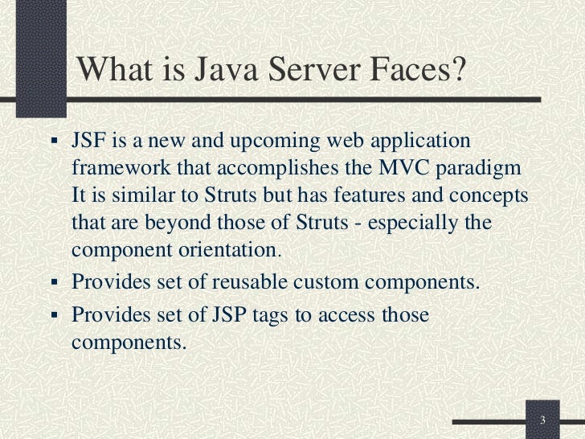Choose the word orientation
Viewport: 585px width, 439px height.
[x=227, y=249]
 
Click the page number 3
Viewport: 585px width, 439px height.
[x=543, y=421]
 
